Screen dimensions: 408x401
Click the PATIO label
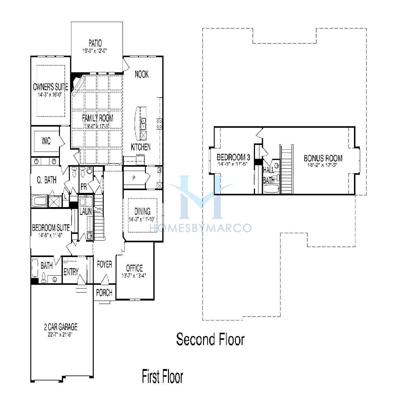95,43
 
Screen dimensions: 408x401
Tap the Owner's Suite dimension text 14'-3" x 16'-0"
50,95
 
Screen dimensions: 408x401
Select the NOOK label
142,74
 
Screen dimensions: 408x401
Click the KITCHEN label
141,147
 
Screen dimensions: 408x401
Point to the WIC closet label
46,141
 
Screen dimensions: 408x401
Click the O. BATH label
47,180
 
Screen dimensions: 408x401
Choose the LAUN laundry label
85,211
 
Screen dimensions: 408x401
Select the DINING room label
142,211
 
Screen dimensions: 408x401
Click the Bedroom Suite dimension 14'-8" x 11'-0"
50,235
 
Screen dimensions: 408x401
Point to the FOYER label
104,264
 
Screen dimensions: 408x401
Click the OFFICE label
134,268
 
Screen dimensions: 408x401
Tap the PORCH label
104,293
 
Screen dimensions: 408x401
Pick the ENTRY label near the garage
71,272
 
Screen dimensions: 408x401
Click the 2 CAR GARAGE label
61,327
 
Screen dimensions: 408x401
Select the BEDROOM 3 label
233,157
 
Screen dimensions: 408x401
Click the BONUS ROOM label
323,158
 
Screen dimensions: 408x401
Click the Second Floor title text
210,340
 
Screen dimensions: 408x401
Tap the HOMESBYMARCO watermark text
200,228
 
